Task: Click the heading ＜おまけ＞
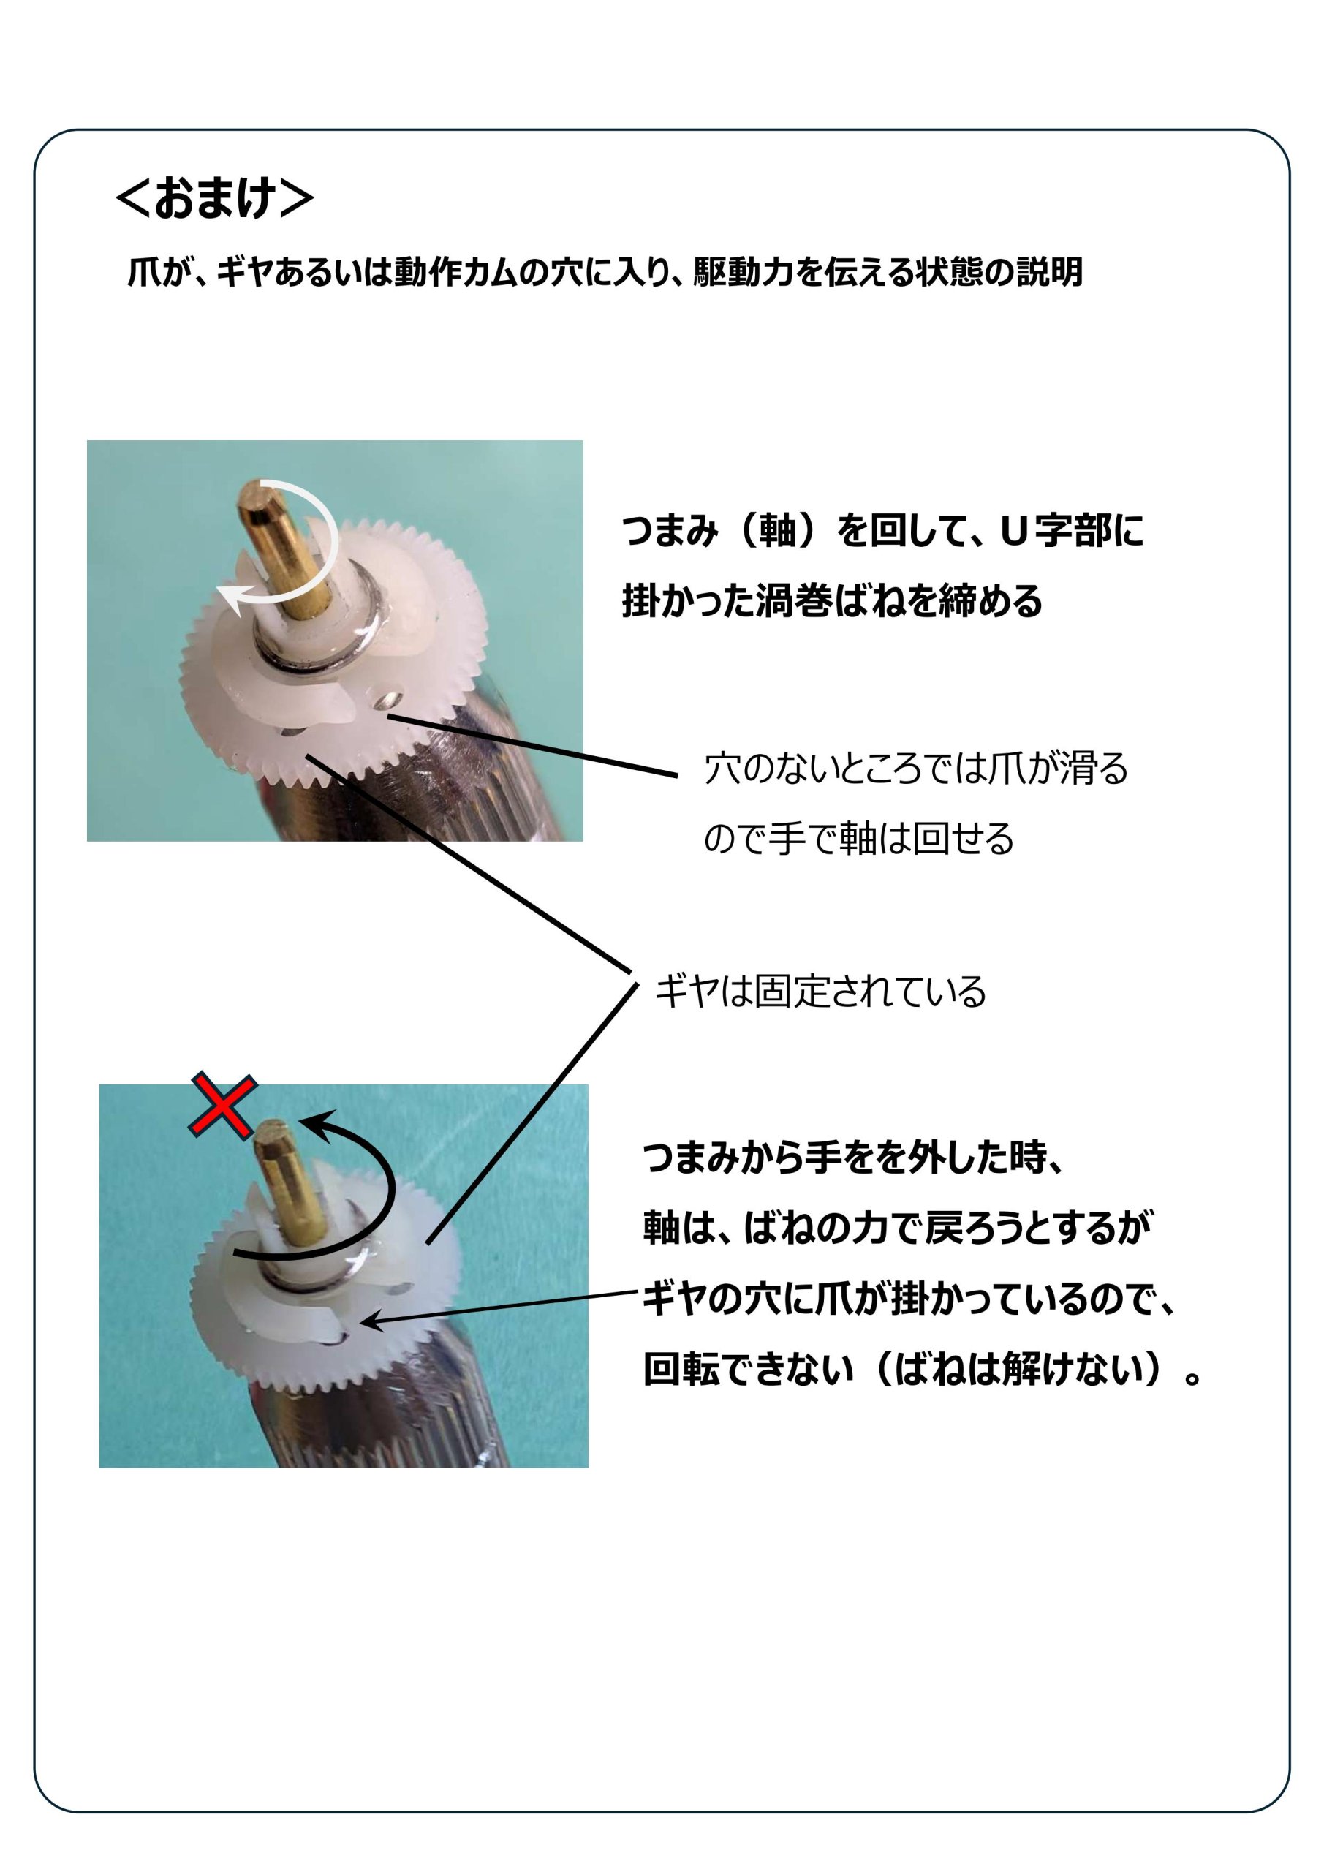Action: pyautogui.click(x=215, y=199)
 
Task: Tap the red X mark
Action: pyautogui.click(x=224, y=1106)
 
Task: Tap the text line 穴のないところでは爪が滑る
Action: pyautogui.click(x=915, y=768)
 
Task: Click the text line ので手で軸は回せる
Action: pyautogui.click(x=858, y=839)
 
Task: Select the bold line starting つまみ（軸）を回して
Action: pyautogui.click(x=882, y=531)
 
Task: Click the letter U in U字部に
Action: pyautogui.click(x=1013, y=532)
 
